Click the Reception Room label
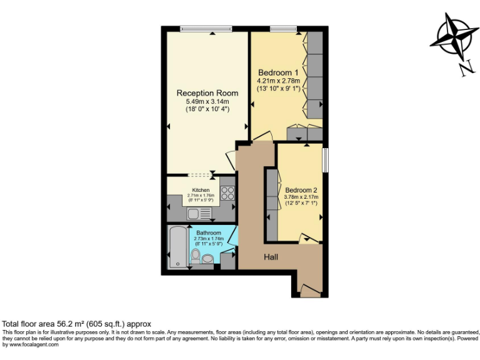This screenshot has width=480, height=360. coord(207,93)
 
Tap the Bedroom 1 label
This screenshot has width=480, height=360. coord(278,72)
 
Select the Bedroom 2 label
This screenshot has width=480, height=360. coord(301,190)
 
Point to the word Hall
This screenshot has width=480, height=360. coord(271,257)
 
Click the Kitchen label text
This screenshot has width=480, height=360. coord(201,190)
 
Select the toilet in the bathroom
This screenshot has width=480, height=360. coord(196,256)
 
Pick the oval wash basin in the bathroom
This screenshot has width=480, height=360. coord(207,259)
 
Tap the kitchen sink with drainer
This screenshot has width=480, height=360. coord(199,213)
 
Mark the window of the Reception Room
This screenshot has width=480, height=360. coord(206,28)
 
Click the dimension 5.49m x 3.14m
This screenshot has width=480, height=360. coord(207,102)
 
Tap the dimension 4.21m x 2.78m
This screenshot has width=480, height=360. coord(279,81)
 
